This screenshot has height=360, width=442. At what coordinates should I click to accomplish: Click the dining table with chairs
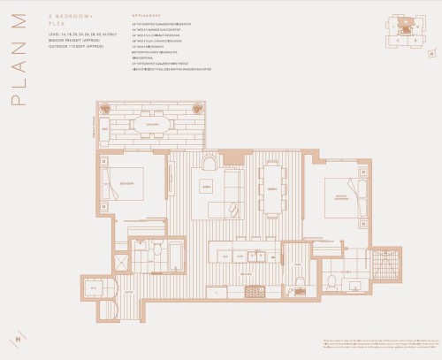point(274,188)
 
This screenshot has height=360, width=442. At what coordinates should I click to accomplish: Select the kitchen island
point(243,257)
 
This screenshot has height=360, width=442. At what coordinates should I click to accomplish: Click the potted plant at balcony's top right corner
point(202,110)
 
